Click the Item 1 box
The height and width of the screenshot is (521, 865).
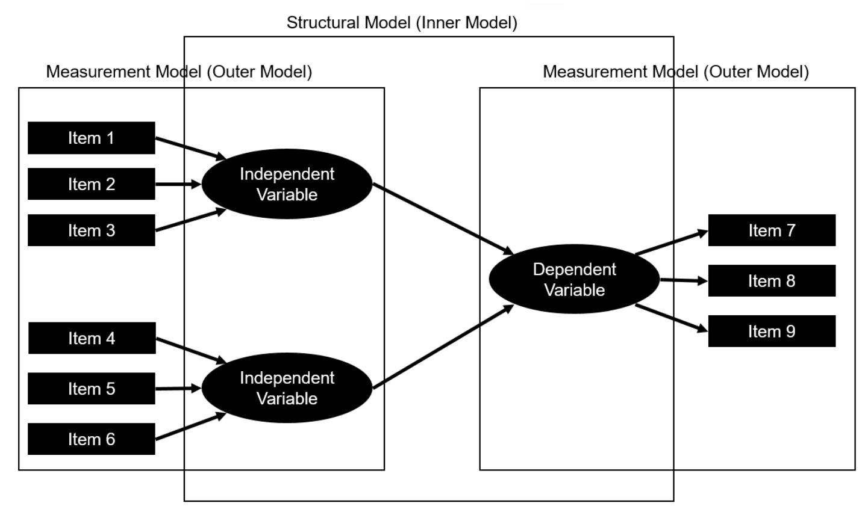coord(92,138)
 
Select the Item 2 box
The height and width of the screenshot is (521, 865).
coord(92,184)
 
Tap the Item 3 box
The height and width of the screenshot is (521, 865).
coord(92,230)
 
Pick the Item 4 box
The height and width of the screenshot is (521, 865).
coord(92,338)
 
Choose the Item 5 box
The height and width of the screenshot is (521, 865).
coord(92,389)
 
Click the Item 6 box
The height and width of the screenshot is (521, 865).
coord(92,439)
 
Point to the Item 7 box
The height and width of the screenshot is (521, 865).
coord(772,230)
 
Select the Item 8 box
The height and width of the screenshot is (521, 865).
coord(772,281)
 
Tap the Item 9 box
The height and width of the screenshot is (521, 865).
coord(772,331)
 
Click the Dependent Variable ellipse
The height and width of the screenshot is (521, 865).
coord(574,279)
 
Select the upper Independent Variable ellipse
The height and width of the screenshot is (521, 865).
coord(287,184)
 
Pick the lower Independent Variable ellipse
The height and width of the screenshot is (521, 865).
coord(287,388)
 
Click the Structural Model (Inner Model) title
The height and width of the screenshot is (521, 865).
coord(402,23)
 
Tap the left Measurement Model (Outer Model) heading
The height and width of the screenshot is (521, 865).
coord(179,72)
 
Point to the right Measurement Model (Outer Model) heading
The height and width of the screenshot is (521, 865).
coord(675,72)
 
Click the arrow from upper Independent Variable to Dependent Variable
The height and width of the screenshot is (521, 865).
coord(443,218)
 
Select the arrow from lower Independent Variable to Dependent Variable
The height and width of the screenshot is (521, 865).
coord(443,347)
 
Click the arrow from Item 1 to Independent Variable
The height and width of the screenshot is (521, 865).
coord(190,148)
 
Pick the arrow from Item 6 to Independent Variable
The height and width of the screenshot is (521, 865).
coord(190,427)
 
